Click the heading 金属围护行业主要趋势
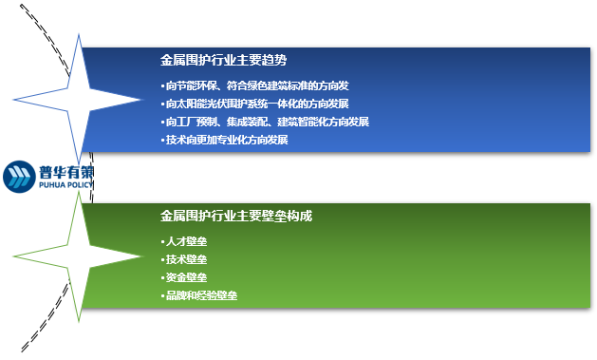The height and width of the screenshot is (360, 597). click(x=223, y=60)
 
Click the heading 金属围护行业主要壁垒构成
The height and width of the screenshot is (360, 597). click(x=236, y=217)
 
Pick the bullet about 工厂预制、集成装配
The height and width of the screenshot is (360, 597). click(x=265, y=122)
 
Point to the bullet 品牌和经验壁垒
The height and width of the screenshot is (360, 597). click(x=199, y=295)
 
